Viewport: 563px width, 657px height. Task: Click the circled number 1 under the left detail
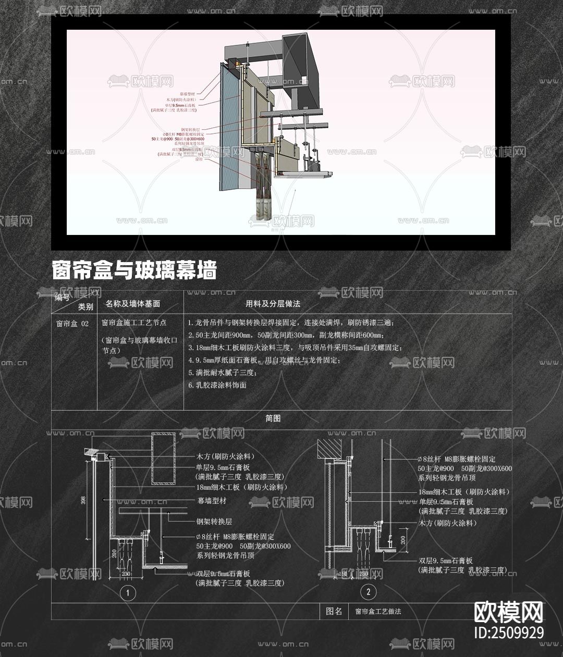[x=128, y=592]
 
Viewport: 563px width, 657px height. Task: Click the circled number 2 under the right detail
[x=369, y=591]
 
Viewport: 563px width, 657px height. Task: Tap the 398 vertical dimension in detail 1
[x=84, y=501]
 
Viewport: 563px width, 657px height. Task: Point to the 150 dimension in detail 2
[x=343, y=574]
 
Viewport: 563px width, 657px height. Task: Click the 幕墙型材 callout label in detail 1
[x=212, y=501]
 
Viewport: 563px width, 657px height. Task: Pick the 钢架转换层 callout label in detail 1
[x=214, y=522]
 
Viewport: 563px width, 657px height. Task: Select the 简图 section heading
[x=273, y=418]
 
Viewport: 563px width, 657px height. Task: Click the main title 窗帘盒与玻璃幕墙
[x=134, y=270]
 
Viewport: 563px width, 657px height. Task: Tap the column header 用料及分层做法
[x=273, y=304]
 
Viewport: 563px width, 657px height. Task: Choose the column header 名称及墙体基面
[x=132, y=304]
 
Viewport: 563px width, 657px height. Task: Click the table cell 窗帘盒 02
[x=72, y=324]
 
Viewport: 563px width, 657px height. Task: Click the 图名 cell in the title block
[x=334, y=611]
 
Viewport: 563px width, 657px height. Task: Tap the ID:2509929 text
[x=509, y=633]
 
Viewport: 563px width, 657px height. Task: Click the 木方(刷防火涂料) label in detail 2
[x=448, y=523]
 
